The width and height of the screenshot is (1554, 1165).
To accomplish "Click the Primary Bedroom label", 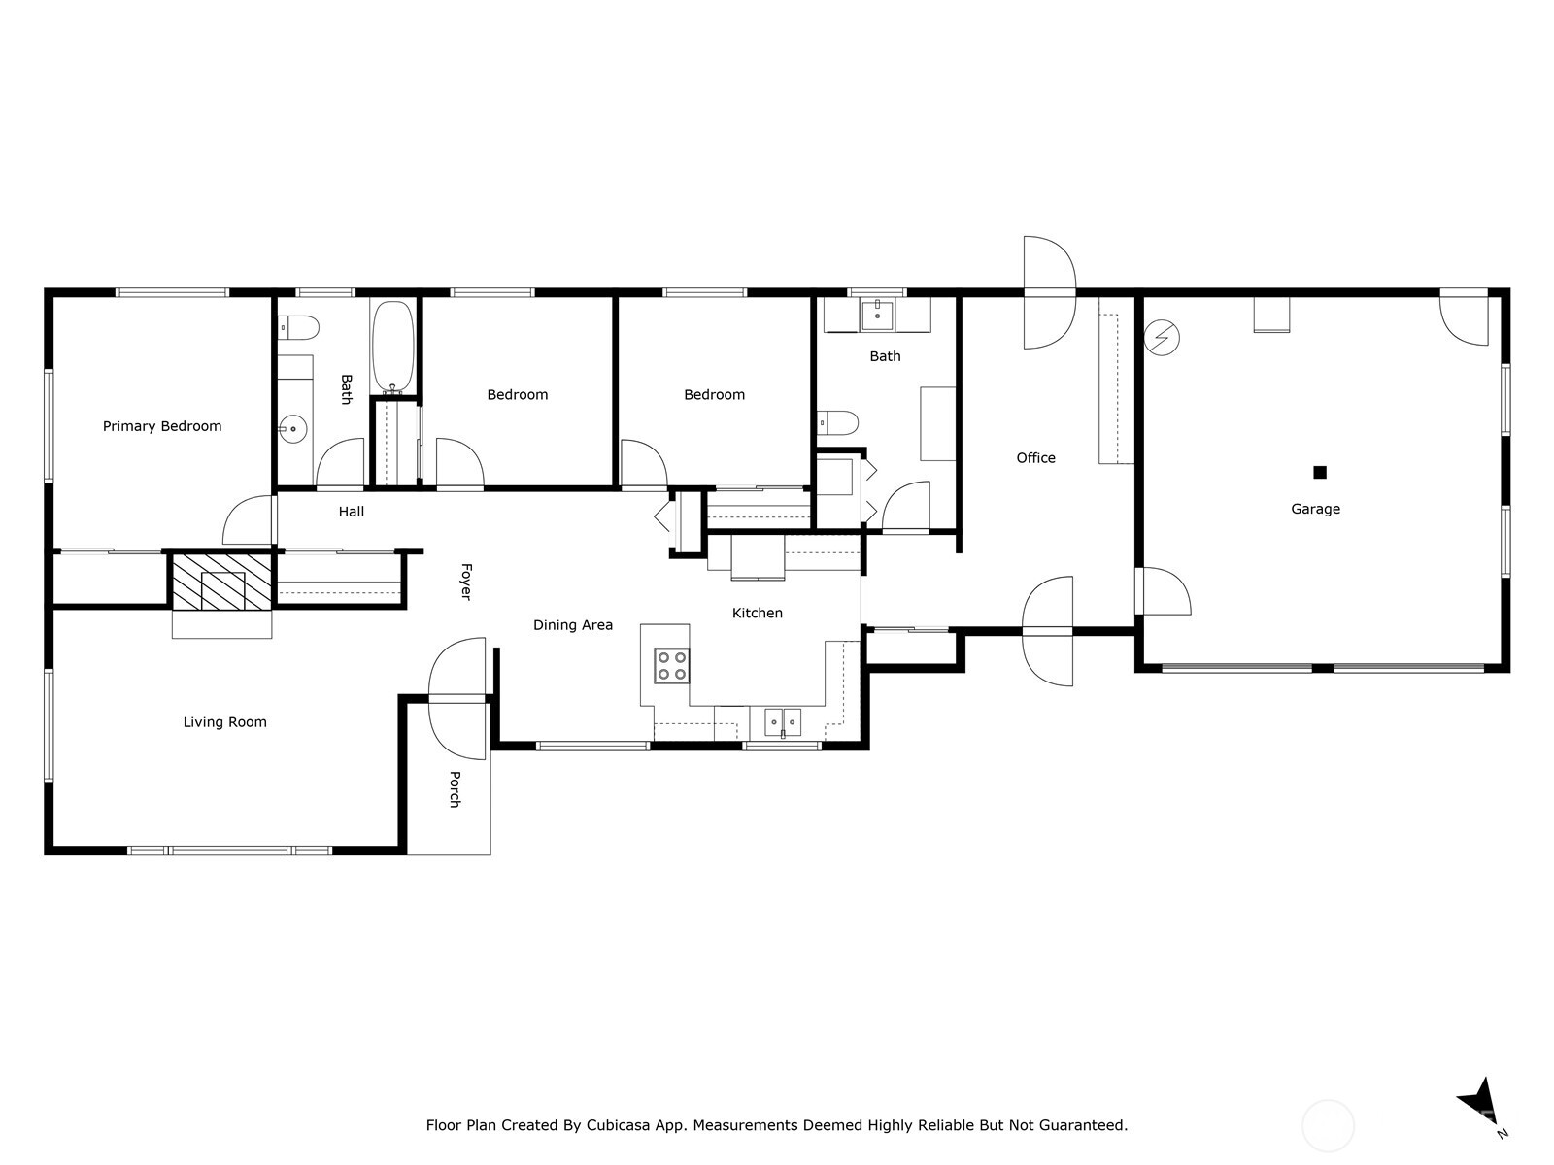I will (162, 426).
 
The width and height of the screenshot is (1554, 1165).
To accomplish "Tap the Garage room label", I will (1315, 509).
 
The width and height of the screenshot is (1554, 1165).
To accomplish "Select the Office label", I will (1035, 458).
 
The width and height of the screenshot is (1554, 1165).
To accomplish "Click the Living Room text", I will (224, 722).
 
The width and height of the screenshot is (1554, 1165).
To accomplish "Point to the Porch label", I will (455, 788).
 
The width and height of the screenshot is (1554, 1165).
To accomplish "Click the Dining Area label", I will (573, 625).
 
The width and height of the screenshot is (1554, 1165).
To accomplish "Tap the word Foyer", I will (465, 582).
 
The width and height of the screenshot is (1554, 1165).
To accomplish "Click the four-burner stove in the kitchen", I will (671, 665).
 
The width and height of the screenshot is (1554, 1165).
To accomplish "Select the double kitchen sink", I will (782, 721).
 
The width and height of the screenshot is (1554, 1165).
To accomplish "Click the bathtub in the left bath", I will (393, 346).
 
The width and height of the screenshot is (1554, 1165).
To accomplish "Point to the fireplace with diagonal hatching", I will (221, 582).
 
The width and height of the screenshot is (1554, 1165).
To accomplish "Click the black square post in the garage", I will (1319, 473).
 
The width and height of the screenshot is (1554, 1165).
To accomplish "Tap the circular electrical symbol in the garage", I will (1162, 338).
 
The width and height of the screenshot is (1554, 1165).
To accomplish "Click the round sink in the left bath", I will (291, 428).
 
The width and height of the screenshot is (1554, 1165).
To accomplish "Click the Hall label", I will (352, 512).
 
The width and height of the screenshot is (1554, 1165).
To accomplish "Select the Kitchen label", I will (757, 613).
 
